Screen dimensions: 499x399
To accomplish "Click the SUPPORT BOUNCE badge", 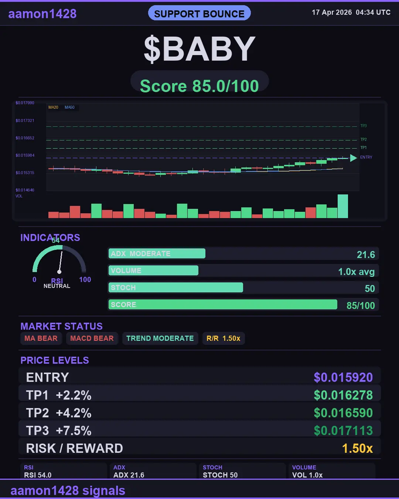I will (199, 14).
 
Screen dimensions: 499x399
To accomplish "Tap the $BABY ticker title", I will (199, 49).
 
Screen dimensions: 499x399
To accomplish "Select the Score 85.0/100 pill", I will (199, 86).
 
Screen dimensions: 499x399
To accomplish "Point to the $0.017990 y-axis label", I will (25, 103).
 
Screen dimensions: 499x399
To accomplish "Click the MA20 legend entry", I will (53, 108).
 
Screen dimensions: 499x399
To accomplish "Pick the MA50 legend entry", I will (69, 108).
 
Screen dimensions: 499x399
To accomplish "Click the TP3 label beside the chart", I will (364, 126).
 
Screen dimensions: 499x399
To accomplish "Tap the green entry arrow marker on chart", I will (353, 158).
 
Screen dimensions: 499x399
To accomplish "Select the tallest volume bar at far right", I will (343, 206).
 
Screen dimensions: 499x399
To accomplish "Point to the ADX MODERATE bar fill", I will (157, 254).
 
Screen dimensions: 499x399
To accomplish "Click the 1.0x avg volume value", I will (356, 272).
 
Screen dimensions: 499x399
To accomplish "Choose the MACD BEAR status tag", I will (92, 338).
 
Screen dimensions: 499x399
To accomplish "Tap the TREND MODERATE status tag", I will (160, 338).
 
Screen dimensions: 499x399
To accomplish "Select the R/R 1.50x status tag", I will (223, 338).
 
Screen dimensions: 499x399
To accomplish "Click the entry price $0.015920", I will (343, 377).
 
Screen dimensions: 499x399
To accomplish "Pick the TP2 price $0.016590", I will (343, 413).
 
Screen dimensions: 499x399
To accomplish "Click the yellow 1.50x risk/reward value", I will (357, 448).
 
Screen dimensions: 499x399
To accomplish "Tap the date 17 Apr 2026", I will (332, 12).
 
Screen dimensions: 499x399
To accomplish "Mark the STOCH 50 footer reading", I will (220, 475).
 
